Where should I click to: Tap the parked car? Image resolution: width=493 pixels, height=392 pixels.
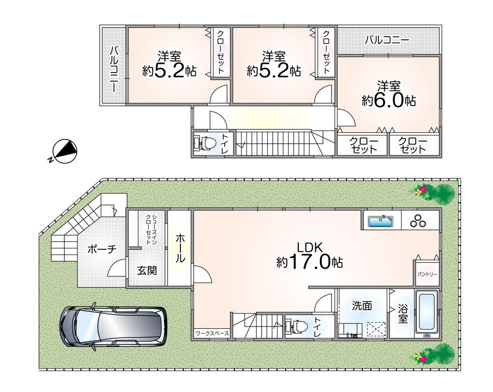click(113, 327)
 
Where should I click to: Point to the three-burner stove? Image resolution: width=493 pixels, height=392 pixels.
click(417, 221)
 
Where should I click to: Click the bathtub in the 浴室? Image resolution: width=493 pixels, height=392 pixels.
click(427, 312)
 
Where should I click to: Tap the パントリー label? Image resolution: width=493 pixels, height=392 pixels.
click(427, 274)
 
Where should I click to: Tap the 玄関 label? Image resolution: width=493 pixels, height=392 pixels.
click(147, 270)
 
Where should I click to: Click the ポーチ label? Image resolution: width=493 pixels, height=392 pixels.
click(102, 249)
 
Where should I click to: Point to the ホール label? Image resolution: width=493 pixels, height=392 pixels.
click(180, 248)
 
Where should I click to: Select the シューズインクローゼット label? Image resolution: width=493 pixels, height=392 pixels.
click(152, 229)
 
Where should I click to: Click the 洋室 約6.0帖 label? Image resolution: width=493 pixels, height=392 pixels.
click(389, 94)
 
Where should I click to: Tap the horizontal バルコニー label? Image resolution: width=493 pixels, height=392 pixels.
click(387, 40)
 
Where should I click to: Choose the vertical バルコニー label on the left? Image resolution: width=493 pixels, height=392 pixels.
click(114, 70)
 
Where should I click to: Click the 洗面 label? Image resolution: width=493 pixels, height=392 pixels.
click(362, 305)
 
